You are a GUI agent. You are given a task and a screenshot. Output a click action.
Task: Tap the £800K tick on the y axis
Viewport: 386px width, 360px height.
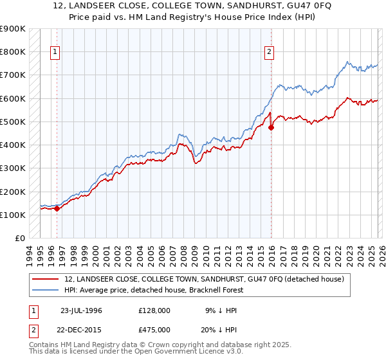pyautogui.click(x=13, y=51)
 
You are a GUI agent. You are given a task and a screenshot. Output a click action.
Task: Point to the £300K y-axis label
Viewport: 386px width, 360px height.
pyautogui.click(x=13, y=168)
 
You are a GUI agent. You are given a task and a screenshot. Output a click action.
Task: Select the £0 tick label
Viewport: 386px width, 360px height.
pyautogui.click(x=19, y=239)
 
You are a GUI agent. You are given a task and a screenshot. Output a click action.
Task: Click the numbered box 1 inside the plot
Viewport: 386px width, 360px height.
pyautogui.click(x=55, y=53)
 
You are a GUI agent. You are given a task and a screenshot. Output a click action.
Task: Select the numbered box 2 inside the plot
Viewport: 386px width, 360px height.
pyautogui.click(x=269, y=53)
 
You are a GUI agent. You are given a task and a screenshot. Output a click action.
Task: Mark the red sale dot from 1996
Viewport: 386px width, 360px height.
pyautogui.click(x=57, y=208)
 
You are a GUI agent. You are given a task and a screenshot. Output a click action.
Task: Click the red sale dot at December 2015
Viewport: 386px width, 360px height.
pyautogui.click(x=271, y=127)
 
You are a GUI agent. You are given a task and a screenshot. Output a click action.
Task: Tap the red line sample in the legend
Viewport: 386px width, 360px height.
pyautogui.click(x=46, y=279)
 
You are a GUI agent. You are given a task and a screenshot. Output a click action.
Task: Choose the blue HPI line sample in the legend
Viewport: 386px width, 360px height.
pyautogui.click(x=46, y=290)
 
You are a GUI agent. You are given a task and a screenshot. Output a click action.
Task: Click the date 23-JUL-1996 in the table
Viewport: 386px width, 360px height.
pyautogui.click(x=82, y=310)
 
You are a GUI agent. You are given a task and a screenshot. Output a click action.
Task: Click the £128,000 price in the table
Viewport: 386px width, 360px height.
pyautogui.click(x=154, y=310)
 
